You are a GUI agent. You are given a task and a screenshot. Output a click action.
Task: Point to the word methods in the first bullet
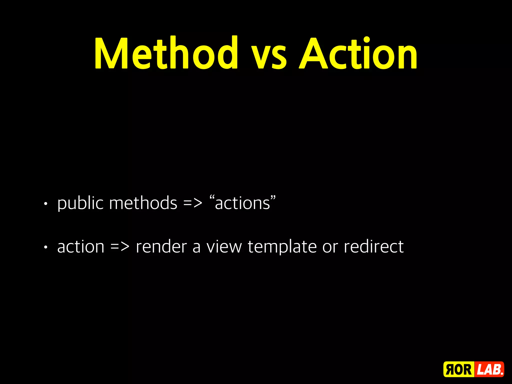[x=143, y=203]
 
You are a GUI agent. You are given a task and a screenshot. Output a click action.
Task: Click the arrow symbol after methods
[x=193, y=203]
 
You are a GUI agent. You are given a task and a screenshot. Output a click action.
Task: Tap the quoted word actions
[x=242, y=203]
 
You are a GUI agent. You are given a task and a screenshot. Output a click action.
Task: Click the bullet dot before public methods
[x=45, y=204]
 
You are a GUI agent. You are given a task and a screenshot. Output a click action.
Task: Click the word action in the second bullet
[x=81, y=247]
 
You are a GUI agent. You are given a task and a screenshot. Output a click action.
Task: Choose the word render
[x=161, y=247]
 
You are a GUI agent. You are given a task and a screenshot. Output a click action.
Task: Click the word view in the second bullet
[x=224, y=247]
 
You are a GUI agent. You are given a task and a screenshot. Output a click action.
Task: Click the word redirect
[x=373, y=247]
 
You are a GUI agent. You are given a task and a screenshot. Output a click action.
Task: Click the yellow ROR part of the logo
[x=458, y=369]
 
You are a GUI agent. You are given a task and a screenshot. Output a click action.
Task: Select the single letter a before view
[x=196, y=247]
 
